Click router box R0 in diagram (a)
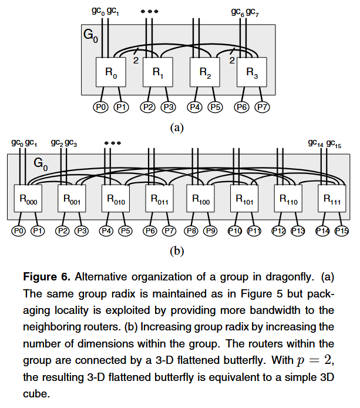pyautogui.click(x=112, y=72)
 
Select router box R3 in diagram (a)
pyautogui.click(x=251, y=72)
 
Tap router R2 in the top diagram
pyautogui.click(x=205, y=72)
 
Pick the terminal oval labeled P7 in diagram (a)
pyautogui.click(x=262, y=107)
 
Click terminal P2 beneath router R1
pyautogui.click(x=149, y=107)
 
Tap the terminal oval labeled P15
pyautogui.click(x=342, y=230)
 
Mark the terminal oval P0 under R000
pyautogui.click(x=19, y=230)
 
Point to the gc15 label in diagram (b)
pyautogui.click(x=334, y=143)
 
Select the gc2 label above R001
pyautogui.click(x=57, y=143)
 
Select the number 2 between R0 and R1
pyautogui.click(x=136, y=59)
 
